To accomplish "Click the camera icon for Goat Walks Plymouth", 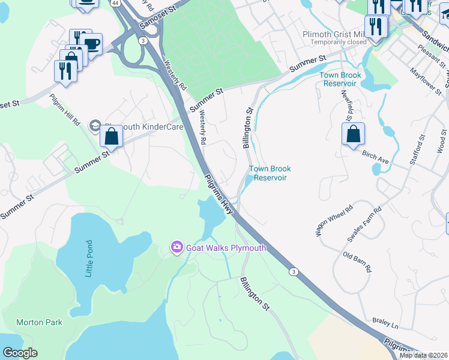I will tap(176, 247).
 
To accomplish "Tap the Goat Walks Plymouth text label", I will tap(226, 248).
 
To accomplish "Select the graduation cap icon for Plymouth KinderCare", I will tap(95, 125).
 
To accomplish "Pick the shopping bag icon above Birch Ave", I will tap(354, 133).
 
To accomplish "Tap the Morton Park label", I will tap(39, 322).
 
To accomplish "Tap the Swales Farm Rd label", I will tap(364, 225).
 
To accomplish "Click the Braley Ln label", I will tap(385, 324).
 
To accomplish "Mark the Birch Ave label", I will tap(376, 158).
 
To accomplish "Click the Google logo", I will tap(20, 353).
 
